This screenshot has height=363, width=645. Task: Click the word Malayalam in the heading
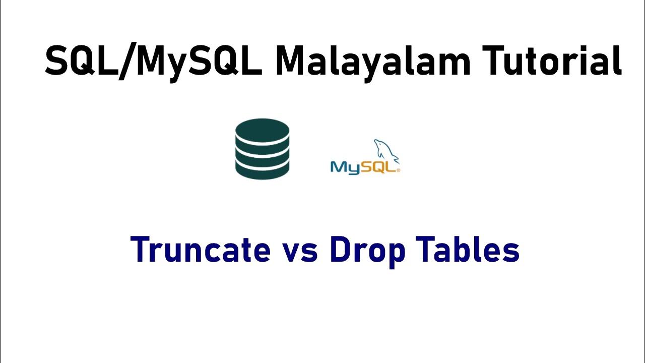372,62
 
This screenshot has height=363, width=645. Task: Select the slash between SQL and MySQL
125,62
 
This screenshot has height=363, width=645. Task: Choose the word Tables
467,250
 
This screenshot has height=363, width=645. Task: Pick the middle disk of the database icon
262,150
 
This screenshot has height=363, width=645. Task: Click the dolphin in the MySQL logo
386,151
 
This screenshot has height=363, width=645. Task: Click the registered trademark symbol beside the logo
399,171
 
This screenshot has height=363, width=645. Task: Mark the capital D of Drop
341,250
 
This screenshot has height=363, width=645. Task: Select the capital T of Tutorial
491,62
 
